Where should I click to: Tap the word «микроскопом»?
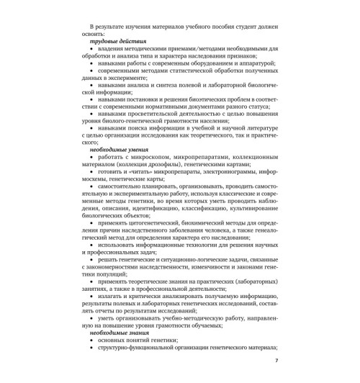point(147,158)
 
